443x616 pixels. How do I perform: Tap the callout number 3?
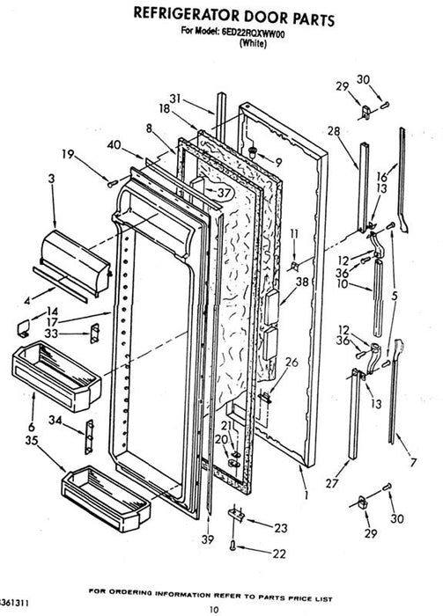(x=51, y=180)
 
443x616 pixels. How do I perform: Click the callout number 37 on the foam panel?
(x=224, y=193)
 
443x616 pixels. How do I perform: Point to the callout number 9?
(x=278, y=162)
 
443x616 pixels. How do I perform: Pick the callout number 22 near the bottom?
(x=279, y=554)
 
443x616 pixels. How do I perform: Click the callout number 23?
(x=281, y=528)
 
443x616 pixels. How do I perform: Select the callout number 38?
(x=302, y=282)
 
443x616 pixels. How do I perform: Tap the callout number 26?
(x=292, y=363)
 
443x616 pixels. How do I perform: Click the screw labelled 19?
(x=113, y=183)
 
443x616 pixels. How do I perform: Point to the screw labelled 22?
(x=233, y=545)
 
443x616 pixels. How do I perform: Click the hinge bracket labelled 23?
(x=237, y=513)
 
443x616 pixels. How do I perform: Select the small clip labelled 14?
(x=25, y=327)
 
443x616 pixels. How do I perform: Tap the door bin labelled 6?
(x=56, y=376)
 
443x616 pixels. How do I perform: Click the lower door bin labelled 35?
(x=107, y=498)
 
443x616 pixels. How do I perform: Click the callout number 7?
(x=413, y=462)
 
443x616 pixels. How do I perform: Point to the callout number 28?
(x=333, y=131)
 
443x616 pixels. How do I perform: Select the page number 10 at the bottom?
(x=213, y=610)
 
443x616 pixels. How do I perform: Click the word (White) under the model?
(x=253, y=43)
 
